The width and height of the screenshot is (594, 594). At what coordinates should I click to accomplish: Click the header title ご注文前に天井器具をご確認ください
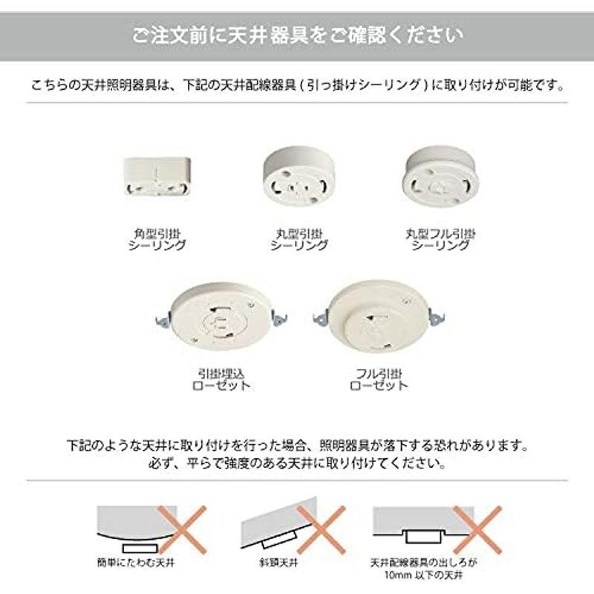pos(297,34)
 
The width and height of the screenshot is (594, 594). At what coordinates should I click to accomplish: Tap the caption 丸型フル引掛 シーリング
pos(441,239)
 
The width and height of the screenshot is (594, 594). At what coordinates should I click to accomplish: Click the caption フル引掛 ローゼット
pos(379,379)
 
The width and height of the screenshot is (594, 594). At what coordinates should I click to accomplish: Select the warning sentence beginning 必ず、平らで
pos(297,466)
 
